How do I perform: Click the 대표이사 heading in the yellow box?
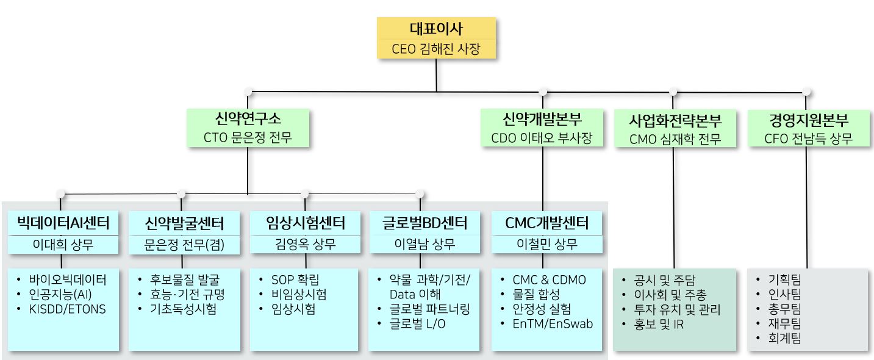(x=436, y=29)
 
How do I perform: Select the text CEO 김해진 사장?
(x=436, y=48)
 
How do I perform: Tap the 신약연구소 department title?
(x=248, y=118)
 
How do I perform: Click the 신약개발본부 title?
(x=542, y=118)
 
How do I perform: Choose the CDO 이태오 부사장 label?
(x=542, y=138)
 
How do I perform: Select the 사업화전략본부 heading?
(x=675, y=120)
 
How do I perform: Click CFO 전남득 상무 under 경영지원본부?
(x=808, y=139)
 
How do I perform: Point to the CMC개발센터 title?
(x=546, y=223)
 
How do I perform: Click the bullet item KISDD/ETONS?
(x=67, y=309)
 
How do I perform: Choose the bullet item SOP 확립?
(x=295, y=280)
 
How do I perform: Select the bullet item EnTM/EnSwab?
(x=553, y=324)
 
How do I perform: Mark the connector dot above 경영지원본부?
(x=807, y=92)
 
